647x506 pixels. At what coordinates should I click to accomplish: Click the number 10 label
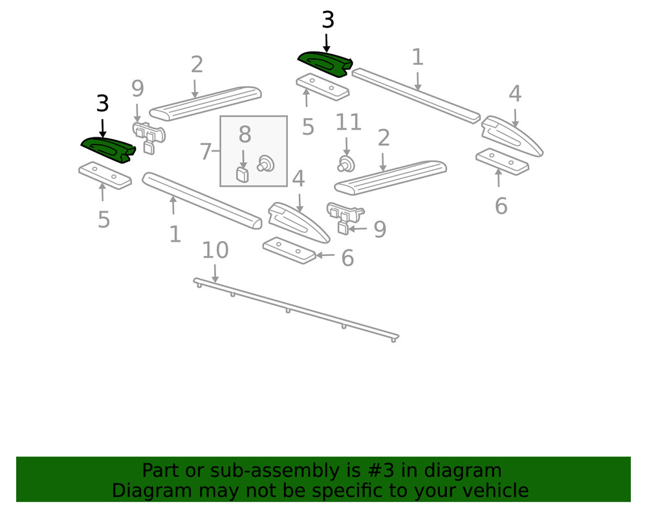(x=215, y=250)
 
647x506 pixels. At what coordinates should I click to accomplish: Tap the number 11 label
(x=348, y=122)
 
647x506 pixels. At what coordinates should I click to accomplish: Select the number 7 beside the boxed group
(x=206, y=152)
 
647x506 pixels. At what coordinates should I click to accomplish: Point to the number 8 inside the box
(x=245, y=135)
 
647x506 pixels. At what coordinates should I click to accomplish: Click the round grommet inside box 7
(x=265, y=163)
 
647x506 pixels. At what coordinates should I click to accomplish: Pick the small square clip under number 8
(x=243, y=174)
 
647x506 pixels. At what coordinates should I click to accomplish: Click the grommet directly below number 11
(x=347, y=163)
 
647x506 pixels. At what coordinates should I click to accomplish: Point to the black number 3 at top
(x=328, y=20)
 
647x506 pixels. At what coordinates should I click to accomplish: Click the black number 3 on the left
(x=102, y=104)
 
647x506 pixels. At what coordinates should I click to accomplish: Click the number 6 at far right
(x=501, y=207)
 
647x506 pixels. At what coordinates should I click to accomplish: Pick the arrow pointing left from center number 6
(x=325, y=256)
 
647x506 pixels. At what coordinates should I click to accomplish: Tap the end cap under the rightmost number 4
(x=513, y=136)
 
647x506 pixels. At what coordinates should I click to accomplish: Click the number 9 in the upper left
(x=137, y=89)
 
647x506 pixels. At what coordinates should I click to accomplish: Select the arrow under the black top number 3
(x=327, y=43)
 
